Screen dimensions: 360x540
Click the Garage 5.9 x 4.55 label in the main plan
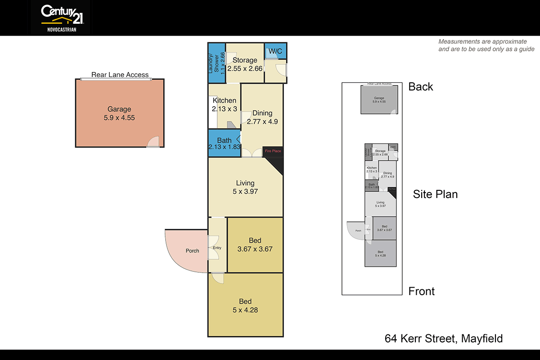pyautogui.click(x=119, y=113)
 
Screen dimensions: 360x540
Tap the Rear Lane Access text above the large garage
pyautogui.click(x=120, y=75)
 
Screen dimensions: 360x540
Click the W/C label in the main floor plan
pyautogui.click(x=275, y=52)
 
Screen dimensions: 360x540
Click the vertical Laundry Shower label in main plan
pyautogui.click(x=213, y=63)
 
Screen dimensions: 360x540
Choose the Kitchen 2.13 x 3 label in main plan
pyautogui.click(x=224, y=104)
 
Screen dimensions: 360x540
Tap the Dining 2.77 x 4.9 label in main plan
pyautogui.click(x=262, y=117)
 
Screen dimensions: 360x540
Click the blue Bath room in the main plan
pyautogui.click(x=224, y=144)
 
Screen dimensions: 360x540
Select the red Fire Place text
pyautogui.click(x=273, y=151)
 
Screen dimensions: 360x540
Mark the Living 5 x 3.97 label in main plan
pyautogui.click(x=245, y=187)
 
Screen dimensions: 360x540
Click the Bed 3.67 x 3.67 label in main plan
pyautogui.click(x=255, y=244)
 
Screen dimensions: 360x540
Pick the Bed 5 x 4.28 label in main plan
pyautogui.click(x=245, y=306)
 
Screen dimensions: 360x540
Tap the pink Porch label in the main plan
pyautogui.click(x=192, y=251)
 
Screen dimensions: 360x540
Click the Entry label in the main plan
pyautogui.click(x=217, y=248)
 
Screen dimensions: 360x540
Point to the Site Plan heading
pyautogui.click(x=435, y=194)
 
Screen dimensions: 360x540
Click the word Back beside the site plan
pyautogui.click(x=420, y=87)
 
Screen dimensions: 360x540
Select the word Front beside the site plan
pyautogui.click(x=421, y=291)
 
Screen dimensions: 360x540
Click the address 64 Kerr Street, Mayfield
pyautogui.click(x=443, y=338)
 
